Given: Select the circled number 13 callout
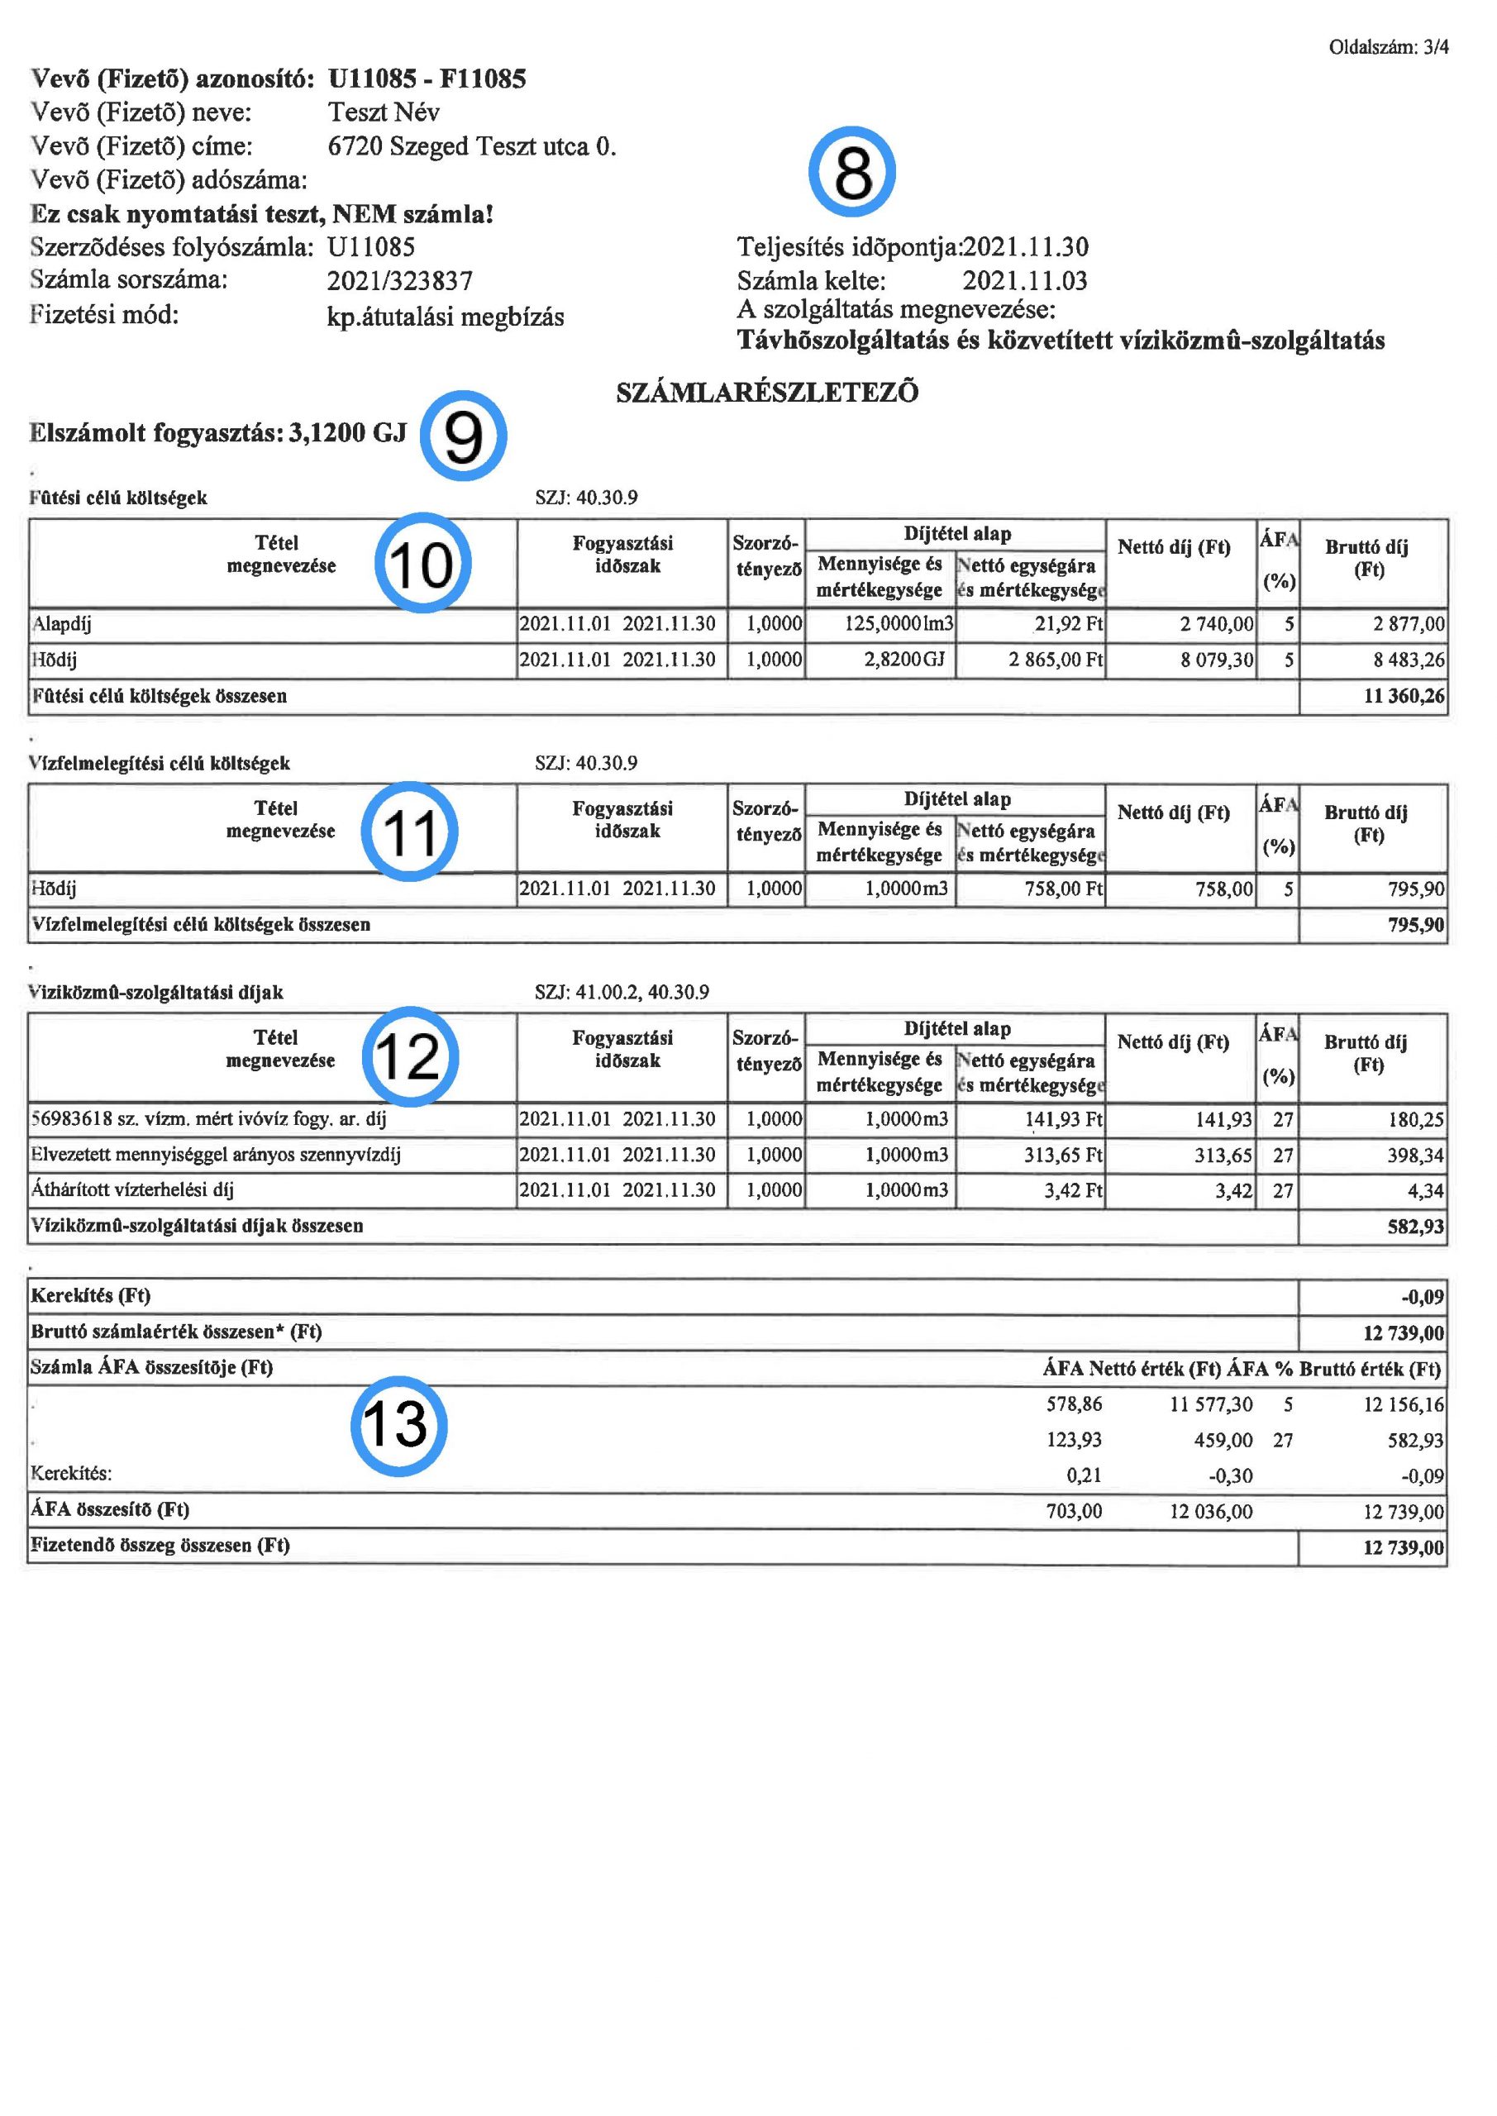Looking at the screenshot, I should pyautogui.click(x=398, y=1425).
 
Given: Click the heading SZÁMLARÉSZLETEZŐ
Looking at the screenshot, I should pyautogui.click(x=767, y=393).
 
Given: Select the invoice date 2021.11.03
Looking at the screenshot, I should pyautogui.click(x=1024, y=281).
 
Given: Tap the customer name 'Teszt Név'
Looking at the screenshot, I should pyautogui.click(x=384, y=112).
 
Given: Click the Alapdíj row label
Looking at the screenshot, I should pyautogui.click(x=61, y=625).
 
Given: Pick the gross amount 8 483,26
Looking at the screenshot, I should pyautogui.click(x=1408, y=660).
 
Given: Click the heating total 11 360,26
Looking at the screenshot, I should pyautogui.click(x=1403, y=697).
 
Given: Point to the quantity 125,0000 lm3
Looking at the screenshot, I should pyautogui.click(x=899, y=625).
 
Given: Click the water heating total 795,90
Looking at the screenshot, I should pyautogui.click(x=1416, y=925).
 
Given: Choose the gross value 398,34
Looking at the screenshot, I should pyautogui.click(x=1415, y=1156).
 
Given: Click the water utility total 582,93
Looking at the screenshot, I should pyautogui.click(x=1415, y=1227).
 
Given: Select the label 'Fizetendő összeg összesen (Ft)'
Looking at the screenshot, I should pyautogui.click(x=160, y=1546).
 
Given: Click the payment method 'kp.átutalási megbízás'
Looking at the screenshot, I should pyautogui.click(x=446, y=317).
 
